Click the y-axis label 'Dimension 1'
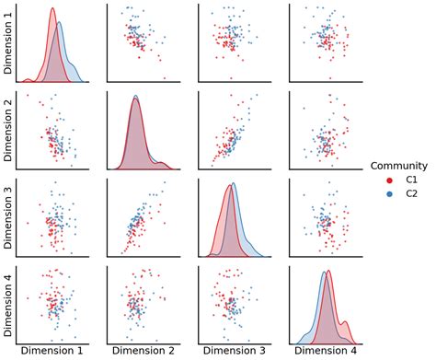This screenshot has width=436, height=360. point(9,44)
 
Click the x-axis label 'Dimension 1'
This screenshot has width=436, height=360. point(53,352)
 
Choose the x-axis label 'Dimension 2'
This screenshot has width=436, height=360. point(143,352)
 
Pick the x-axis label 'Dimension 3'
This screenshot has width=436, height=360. point(234,352)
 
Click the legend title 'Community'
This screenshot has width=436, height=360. point(398,166)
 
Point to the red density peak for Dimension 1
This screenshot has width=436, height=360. point(52,10)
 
